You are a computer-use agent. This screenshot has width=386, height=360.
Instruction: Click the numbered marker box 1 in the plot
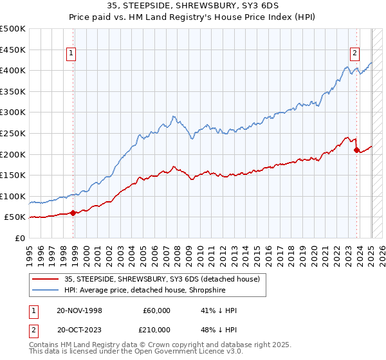(71, 54)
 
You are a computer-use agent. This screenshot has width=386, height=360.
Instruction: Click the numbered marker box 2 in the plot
(354, 54)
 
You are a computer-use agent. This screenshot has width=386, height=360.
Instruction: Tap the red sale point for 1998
(73, 213)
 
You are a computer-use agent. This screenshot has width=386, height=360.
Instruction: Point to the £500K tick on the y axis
(13, 29)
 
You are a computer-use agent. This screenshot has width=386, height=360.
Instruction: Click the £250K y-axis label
(13, 133)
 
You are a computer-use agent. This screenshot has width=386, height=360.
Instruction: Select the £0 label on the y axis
(19, 238)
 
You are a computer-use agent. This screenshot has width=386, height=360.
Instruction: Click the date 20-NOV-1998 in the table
(80, 310)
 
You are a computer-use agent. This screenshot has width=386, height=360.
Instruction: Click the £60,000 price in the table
(156, 310)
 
